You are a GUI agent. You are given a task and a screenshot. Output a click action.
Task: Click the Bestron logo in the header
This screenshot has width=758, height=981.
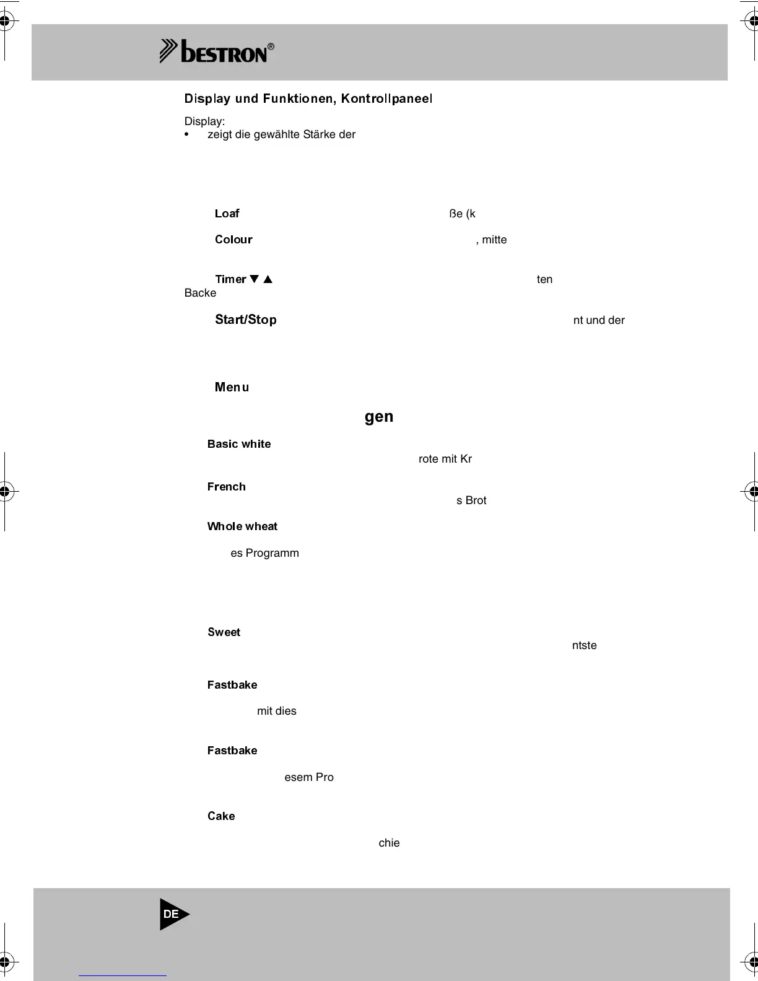coord(217,52)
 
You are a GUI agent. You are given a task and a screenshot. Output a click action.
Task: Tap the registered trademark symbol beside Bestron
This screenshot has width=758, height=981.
coord(271,46)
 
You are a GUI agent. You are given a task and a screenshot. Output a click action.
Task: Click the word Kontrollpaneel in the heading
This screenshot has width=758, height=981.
coord(386,98)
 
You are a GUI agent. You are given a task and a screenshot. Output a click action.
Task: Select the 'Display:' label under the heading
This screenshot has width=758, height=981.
coord(204,121)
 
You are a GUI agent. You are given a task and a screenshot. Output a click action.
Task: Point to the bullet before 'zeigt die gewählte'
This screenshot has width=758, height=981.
coord(187,135)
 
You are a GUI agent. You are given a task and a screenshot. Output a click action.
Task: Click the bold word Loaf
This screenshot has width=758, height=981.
coord(227,214)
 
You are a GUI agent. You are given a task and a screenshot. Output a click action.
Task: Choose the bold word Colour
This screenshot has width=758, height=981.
coord(233,240)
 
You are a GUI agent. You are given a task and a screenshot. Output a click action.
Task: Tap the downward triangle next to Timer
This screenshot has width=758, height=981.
coord(254,279)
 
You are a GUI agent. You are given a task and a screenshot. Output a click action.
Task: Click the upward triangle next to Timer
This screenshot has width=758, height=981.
coord(268,279)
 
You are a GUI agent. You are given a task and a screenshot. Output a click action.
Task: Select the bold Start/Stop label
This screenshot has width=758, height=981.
coord(245,320)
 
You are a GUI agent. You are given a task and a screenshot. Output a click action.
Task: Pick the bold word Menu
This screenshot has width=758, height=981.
coord(232,387)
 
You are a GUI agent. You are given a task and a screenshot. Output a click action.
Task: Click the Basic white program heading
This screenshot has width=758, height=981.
coord(239,444)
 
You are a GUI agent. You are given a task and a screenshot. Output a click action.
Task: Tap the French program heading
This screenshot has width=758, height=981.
coord(226,487)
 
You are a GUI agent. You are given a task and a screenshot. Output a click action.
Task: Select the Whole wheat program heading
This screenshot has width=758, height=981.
coord(242,526)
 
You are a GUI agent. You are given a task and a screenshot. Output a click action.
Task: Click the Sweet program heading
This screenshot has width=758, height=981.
coord(224,632)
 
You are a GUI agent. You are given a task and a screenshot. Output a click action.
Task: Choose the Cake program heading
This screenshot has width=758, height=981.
coord(221,816)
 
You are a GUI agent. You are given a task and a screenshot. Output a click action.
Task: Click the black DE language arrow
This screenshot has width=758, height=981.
coord(173,914)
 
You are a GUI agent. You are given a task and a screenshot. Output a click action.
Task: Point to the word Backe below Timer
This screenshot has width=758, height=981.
coord(200,293)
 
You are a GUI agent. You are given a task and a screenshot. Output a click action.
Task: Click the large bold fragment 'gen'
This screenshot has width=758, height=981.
coord(379,417)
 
